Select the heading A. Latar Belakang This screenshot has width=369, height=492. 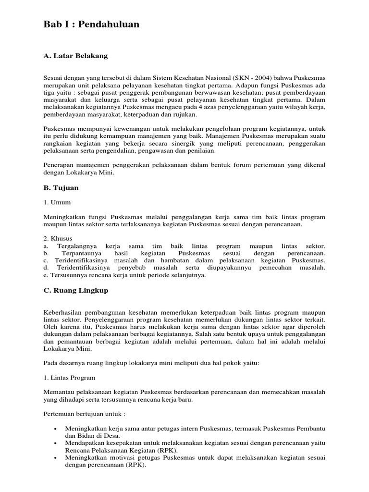[75, 56]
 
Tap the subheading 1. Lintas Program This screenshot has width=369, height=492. [69, 378]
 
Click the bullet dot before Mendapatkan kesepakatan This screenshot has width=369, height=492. [57, 443]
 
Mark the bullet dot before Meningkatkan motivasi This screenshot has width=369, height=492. [57, 458]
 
